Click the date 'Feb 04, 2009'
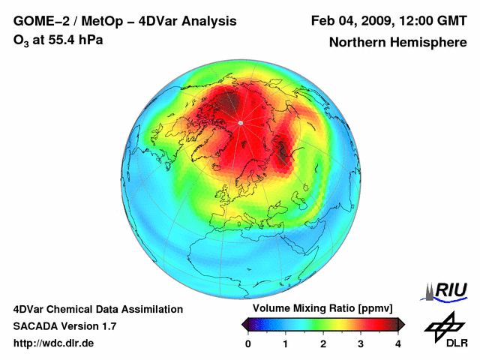347,20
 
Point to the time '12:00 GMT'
430,20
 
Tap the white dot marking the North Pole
240,122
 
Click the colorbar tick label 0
248,343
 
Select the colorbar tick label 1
286,343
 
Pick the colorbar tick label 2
323,343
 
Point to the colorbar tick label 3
361,343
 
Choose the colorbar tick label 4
398,343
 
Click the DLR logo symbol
442,325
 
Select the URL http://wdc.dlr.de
54,343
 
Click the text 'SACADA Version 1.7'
64,326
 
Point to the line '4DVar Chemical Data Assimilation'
97,309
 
